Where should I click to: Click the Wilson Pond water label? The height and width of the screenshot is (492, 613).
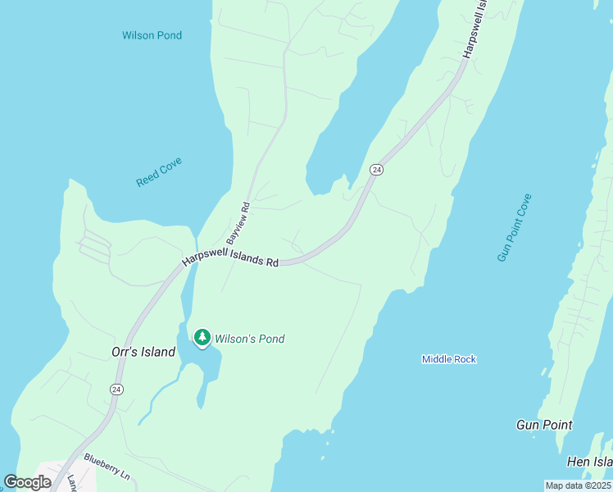point(152,35)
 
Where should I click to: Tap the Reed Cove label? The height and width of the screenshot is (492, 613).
point(159,172)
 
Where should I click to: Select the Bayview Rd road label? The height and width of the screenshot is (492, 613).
point(238,222)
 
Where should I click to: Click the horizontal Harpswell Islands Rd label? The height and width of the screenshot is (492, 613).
point(230,259)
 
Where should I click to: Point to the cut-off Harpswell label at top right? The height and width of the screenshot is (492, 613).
point(475,29)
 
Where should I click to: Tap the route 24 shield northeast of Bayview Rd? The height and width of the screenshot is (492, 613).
point(376,169)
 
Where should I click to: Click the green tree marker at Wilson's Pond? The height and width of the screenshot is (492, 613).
point(202,337)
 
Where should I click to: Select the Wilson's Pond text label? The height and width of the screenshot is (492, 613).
point(249,339)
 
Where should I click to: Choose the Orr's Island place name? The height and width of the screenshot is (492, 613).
point(143,352)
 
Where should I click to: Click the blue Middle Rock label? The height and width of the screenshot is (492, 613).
point(448,359)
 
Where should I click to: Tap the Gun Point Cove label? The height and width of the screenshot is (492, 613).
point(514,228)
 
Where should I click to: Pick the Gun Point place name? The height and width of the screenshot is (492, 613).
point(544,425)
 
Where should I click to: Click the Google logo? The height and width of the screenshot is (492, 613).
point(27,482)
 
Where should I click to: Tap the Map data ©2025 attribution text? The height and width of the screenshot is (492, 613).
point(578,485)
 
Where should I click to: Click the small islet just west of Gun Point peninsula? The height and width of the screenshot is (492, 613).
point(543,371)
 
